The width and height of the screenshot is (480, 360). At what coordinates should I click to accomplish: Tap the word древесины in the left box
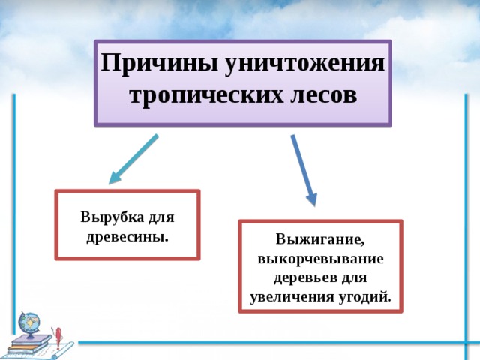click(x=127, y=236)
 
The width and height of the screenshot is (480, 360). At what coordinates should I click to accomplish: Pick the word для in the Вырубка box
click(x=161, y=217)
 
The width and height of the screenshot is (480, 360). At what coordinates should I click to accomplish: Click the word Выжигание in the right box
click(x=319, y=240)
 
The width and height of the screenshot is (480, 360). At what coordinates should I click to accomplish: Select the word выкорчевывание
click(x=320, y=258)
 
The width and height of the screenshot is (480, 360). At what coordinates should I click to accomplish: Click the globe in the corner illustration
click(x=29, y=323)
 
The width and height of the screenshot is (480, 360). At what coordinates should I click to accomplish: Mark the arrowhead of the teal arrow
click(x=115, y=178)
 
